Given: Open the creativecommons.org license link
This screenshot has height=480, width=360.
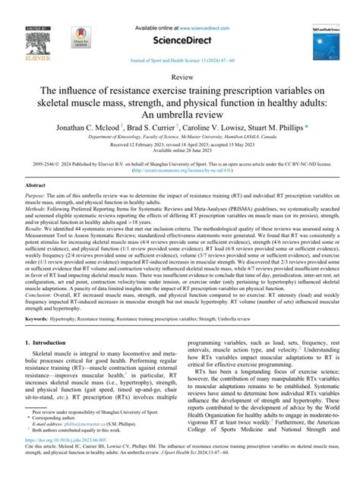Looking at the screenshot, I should [x=180, y=171].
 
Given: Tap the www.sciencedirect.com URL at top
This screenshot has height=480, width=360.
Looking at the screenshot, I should [x=201, y=8].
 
